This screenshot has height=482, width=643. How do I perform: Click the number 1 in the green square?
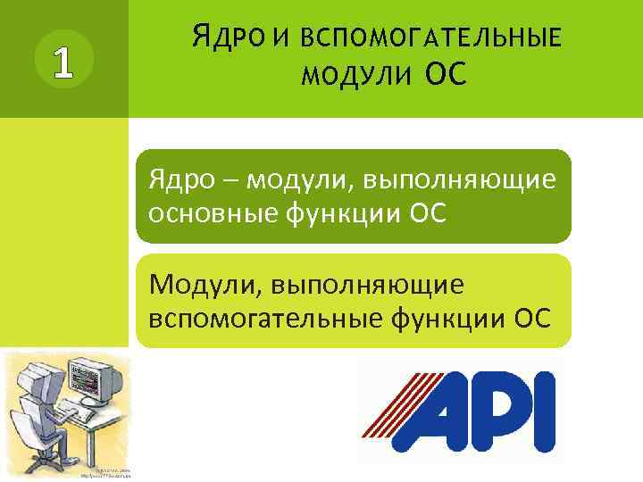coord(62,60)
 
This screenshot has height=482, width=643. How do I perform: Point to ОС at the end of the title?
coord(447,73)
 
